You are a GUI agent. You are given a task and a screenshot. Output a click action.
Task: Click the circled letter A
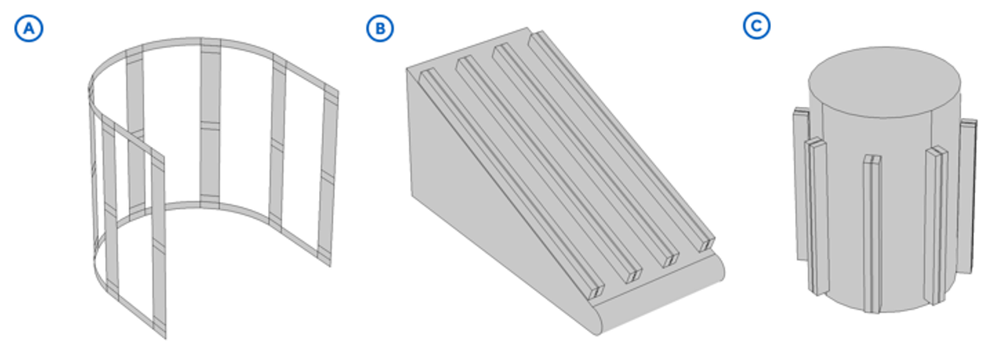pos(29,28)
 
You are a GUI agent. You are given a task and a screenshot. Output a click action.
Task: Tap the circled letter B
pos(380,28)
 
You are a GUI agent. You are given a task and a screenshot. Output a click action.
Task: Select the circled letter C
pos(757,25)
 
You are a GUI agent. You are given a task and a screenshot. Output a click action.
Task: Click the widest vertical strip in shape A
pos(211,123)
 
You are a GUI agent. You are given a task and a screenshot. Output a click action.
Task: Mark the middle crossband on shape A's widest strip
pos(211,126)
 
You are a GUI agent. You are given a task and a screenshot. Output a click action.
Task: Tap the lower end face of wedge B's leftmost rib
pos(596,292)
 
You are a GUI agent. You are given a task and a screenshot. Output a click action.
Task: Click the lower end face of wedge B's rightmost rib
pos(706,244)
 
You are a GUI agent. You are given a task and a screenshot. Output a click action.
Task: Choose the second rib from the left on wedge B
pos(549,169)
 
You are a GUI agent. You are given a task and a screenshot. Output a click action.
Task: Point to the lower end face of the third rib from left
pos(670,260)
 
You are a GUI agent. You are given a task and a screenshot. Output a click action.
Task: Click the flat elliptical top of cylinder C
pos(884,83)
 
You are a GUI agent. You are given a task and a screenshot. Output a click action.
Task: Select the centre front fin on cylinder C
pos(872,234)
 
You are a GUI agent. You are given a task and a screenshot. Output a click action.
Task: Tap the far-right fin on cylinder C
pos(967,196)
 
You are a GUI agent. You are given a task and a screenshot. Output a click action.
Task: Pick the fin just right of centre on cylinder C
pos(935,225)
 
